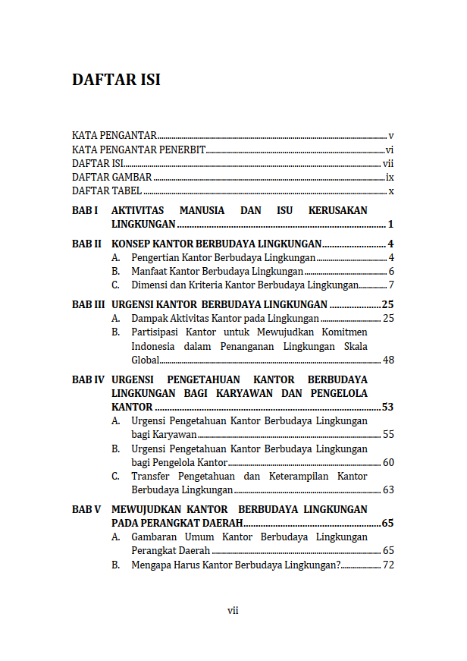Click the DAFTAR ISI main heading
point(116,80)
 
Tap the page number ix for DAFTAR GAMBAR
point(390,178)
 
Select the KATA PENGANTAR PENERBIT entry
point(139,150)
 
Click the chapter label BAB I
point(85,210)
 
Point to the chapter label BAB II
point(86,244)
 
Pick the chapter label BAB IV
point(88,379)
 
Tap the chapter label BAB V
point(86,510)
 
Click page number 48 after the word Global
point(388,360)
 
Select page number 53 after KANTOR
point(387,408)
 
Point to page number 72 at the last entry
point(388,565)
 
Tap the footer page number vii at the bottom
point(233,610)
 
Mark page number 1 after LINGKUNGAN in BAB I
point(390,225)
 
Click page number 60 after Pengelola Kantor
point(388,463)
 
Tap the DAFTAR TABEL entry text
point(107,191)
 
